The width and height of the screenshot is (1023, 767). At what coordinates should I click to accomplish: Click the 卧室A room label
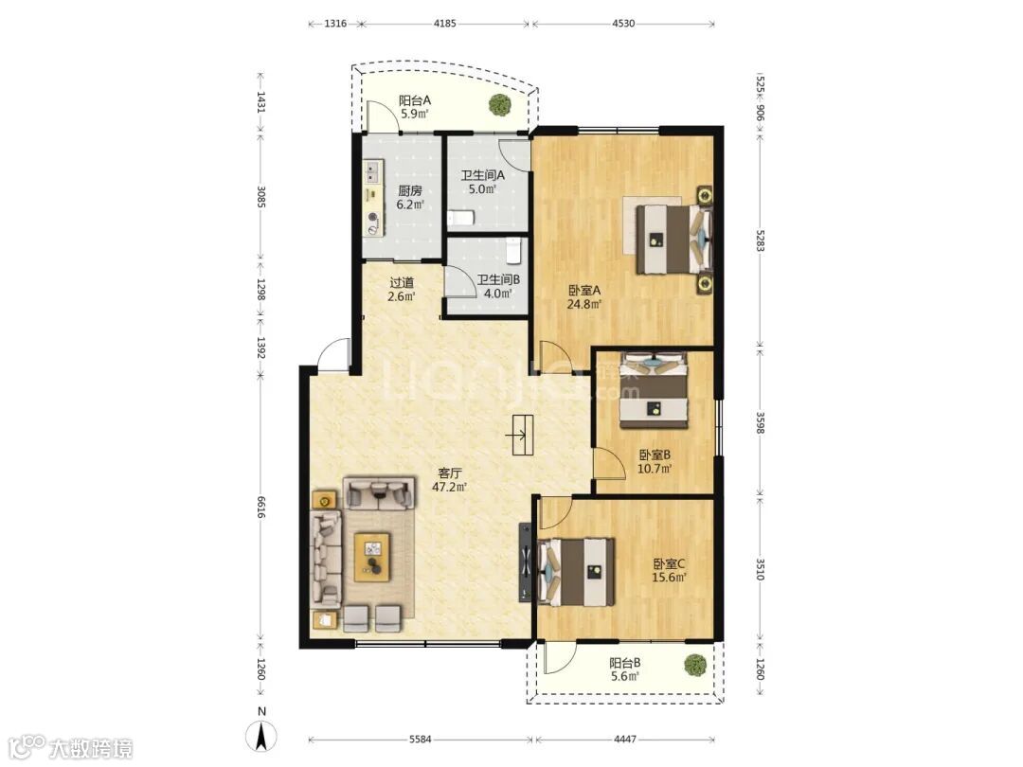[584, 291]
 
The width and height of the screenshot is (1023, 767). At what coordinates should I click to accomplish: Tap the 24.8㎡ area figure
[583, 304]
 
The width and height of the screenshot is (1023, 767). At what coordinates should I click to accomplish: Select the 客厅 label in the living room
[450, 473]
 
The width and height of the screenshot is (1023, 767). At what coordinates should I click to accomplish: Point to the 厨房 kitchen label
[410, 191]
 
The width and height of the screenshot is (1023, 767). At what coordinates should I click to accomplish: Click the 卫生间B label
[498, 279]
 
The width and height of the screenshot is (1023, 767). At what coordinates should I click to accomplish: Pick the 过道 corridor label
[402, 283]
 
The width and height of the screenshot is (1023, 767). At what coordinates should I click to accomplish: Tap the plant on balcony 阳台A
[500, 104]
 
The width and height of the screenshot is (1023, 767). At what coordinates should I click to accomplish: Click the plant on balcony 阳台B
[695, 665]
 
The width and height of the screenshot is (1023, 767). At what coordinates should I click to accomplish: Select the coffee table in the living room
[372, 557]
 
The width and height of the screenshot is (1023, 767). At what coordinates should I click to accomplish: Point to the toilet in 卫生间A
[460, 217]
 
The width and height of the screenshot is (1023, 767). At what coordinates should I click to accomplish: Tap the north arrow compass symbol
[261, 737]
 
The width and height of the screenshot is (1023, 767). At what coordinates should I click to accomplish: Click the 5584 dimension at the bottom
[421, 740]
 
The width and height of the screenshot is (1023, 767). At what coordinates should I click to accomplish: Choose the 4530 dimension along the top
[623, 24]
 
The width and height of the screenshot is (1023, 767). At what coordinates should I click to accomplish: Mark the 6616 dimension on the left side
[261, 508]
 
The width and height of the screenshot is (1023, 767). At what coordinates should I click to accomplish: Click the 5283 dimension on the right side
[760, 241]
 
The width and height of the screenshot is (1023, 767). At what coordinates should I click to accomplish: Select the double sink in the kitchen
[372, 172]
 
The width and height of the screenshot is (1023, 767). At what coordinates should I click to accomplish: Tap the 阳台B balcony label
[625, 663]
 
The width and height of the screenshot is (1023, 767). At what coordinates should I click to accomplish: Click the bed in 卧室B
[654, 390]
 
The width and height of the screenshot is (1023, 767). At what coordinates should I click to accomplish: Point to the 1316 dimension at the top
[335, 24]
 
